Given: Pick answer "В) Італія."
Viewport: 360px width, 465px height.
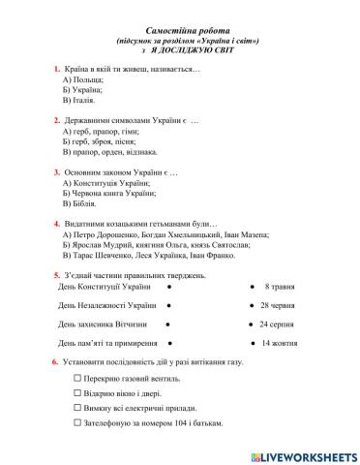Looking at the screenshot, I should pyautogui.click(x=82, y=100).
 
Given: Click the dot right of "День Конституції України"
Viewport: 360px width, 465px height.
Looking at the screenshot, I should pyautogui.click(x=169, y=288).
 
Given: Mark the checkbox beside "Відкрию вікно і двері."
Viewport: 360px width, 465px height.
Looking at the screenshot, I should pyautogui.click(x=77, y=393).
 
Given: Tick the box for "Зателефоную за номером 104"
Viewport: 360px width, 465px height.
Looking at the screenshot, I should pyautogui.click(x=77, y=423).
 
